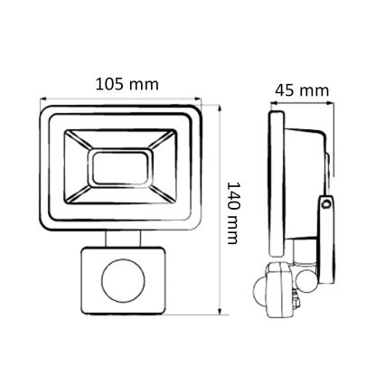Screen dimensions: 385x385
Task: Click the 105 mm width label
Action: coord(127,83)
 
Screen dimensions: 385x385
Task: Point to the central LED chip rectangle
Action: coord(120,167)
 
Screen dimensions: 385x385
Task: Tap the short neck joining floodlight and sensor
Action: coord(120,237)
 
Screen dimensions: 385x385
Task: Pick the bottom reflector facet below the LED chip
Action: coord(120,196)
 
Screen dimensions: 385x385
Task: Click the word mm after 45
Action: coord(314,91)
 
